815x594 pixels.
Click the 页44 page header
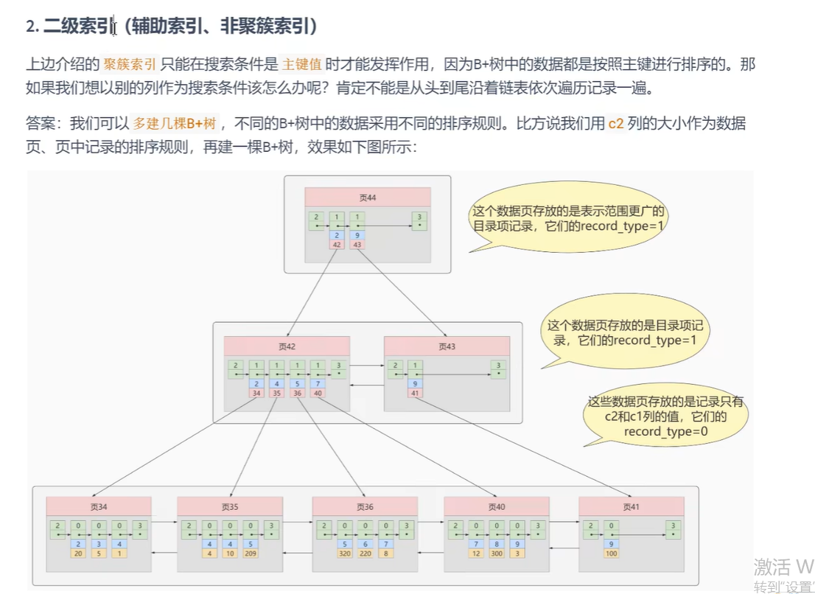pos(367,197)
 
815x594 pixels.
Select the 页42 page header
pos(287,346)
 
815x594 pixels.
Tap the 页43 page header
pos(447,346)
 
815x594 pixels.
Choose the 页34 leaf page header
pos(98,506)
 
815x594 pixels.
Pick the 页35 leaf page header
pos(230,506)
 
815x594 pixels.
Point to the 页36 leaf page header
pos(365,506)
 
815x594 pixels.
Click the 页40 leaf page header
pos(496,506)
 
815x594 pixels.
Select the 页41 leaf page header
pos(631,506)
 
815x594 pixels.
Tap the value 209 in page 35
pos(251,553)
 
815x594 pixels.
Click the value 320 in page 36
pos(344,553)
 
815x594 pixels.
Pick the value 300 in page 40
pos(497,553)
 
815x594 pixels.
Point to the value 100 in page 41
pos(611,553)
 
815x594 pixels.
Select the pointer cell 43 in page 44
pos(357,245)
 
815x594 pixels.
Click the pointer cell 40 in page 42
pos(318,393)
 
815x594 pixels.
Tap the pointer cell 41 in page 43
pos(416,393)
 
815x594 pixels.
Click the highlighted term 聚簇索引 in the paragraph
pos(129,65)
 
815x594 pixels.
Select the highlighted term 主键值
pos(301,65)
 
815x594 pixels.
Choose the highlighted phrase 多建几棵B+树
pos(175,123)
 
